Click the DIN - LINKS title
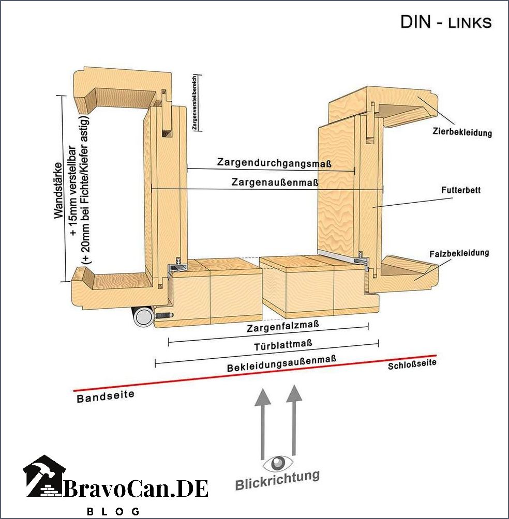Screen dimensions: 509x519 coord(446,22)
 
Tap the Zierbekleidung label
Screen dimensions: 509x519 coord(462,132)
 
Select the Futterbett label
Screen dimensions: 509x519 coord(461,190)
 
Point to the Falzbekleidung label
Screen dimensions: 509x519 coord(459,253)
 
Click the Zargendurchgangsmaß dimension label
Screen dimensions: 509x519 coord(274,162)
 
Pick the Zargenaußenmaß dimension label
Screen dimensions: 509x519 coord(275,182)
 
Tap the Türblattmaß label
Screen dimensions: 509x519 coord(283,345)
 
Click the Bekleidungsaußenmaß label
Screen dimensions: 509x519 coord(281,363)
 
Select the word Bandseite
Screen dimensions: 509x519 coord(106,396)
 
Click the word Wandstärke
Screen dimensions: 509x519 coord(58,190)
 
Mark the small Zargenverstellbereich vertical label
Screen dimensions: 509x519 coord(194,102)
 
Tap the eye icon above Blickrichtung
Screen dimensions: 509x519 coord(278,463)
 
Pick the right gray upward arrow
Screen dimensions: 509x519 coord(293,420)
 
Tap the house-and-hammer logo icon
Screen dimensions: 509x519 coord(44,476)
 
